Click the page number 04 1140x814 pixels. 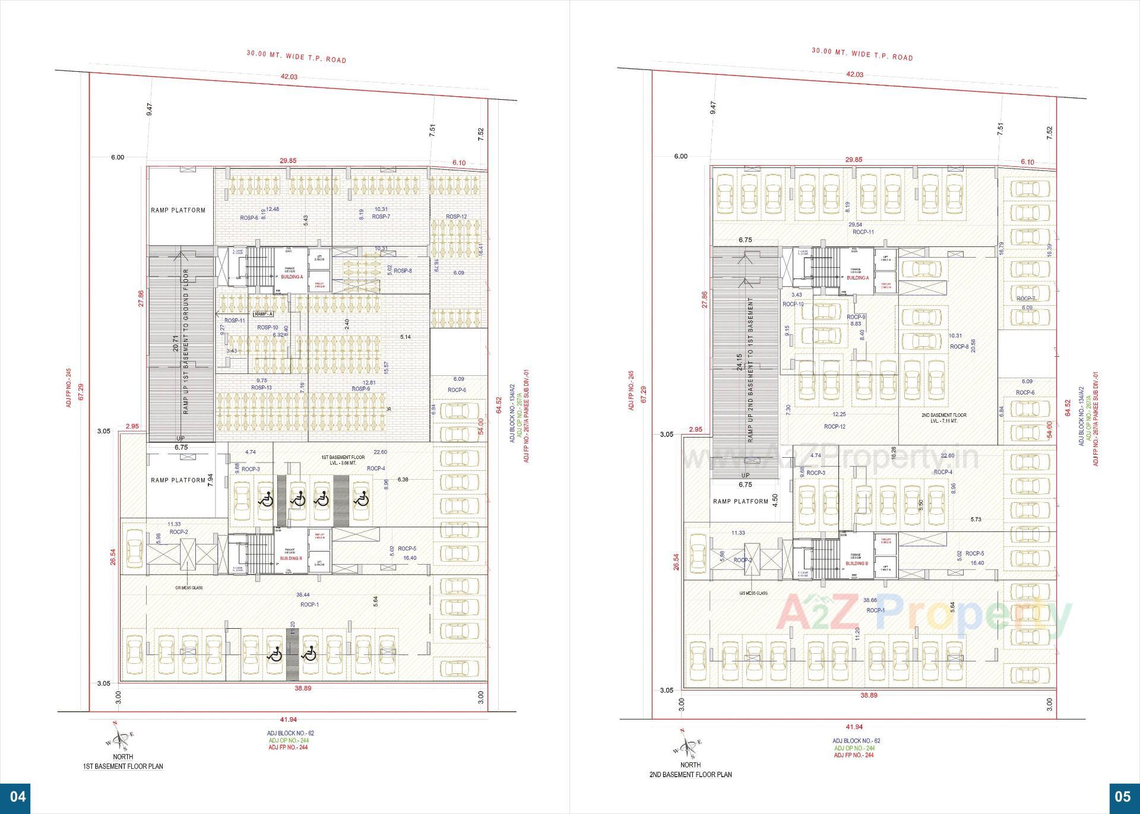tap(18, 796)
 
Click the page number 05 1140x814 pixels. tap(1123, 796)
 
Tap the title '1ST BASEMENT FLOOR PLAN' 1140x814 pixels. tap(123, 767)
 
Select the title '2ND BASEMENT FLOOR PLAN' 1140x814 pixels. tap(689, 774)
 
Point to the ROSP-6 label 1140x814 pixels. tap(249, 217)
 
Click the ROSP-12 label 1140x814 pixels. tap(457, 217)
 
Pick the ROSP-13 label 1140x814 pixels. tap(261, 388)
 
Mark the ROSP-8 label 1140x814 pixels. tap(403, 271)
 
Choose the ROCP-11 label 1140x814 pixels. tap(863, 232)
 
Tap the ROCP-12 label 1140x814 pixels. tap(834, 426)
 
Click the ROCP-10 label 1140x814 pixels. tap(793, 304)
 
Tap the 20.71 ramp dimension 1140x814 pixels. tap(176, 344)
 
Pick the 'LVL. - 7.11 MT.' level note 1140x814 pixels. tap(943, 420)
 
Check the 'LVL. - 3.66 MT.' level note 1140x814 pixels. tap(343, 463)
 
